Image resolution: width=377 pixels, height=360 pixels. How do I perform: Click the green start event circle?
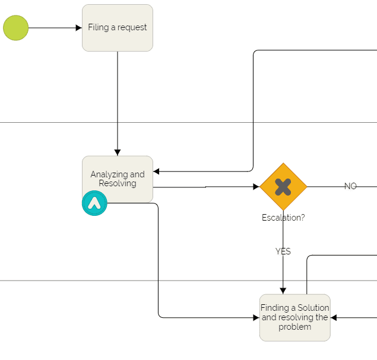pyautogui.click(x=15, y=28)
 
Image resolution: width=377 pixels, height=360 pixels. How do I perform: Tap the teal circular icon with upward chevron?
pyautogui.click(x=94, y=203)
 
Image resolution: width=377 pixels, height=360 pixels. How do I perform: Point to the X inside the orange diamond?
pyautogui.click(x=283, y=187)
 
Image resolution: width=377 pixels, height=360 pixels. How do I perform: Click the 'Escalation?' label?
pyautogui.click(x=283, y=218)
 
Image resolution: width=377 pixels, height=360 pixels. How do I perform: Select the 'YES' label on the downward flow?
pyautogui.click(x=283, y=251)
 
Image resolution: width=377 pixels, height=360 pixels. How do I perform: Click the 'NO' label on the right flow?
pyautogui.click(x=350, y=186)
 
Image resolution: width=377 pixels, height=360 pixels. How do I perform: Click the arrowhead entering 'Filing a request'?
pyautogui.click(x=78, y=28)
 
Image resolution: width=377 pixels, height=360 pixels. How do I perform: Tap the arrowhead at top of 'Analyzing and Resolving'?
pyautogui.click(x=118, y=152)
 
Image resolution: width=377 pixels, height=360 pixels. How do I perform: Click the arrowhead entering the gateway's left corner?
pyautogui.click(x=256, y=187)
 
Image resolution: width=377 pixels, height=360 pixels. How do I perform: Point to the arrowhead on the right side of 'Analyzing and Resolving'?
pyautogui.click(x=157, y=172)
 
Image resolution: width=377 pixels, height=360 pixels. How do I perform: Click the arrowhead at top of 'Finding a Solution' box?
pyautogui.click(x=283, y=291)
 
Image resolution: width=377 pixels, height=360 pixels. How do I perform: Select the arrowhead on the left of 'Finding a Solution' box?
pyautogui.click(x=256, y=318)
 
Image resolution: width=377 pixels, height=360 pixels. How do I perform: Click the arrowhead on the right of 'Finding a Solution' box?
pyautogui.click(x=334, y=318)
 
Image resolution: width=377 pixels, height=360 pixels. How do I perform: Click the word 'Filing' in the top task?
pyautogui.click(x=98, y=27)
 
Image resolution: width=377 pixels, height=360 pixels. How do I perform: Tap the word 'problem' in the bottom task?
pyautogui.click(x=295, y=327)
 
